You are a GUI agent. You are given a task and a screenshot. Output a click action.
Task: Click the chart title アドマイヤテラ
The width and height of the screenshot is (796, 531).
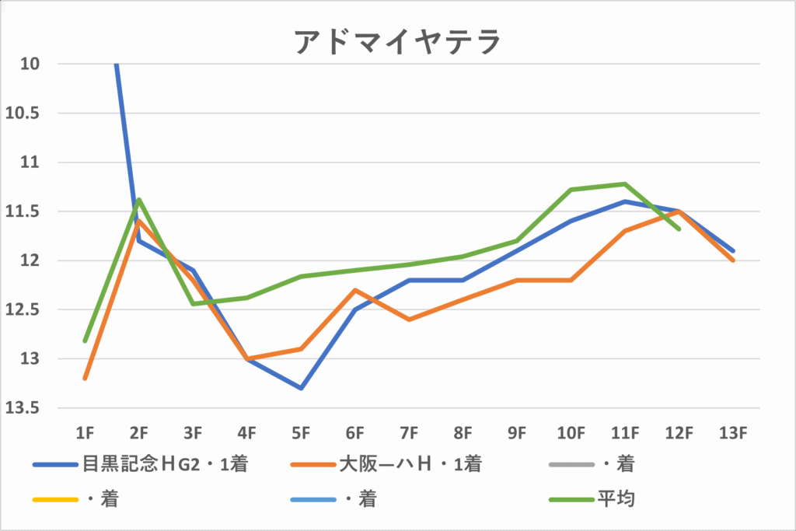pos(397,42)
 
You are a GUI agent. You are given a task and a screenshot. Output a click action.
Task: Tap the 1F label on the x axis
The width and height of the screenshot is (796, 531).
pos(85,432)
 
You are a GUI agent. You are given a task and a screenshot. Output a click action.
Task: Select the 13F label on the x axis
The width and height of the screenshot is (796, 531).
pos(733,432)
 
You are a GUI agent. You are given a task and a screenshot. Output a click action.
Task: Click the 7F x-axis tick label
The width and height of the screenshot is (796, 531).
pos(409,432)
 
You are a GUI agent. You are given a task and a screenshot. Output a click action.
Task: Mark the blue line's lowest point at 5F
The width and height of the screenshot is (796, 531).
pos(301,388)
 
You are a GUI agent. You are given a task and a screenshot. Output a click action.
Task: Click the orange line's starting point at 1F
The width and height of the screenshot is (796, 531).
pos(85,379)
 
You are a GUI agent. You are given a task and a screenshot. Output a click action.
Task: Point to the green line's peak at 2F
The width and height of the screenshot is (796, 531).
pos(139,200)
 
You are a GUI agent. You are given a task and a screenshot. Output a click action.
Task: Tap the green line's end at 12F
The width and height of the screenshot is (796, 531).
pos(679,229)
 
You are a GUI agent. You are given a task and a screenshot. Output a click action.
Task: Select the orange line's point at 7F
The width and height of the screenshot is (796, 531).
pos(409,320)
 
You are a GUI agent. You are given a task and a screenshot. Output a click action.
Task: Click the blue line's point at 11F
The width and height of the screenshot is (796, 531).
pos(625,201)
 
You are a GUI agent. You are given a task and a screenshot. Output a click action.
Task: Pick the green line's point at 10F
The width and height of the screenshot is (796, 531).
pos(571,190)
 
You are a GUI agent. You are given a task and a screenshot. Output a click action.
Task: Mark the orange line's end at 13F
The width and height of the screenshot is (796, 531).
pos(733,260)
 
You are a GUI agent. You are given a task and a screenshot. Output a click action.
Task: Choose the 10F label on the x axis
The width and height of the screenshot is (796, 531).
pos(571,432)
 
